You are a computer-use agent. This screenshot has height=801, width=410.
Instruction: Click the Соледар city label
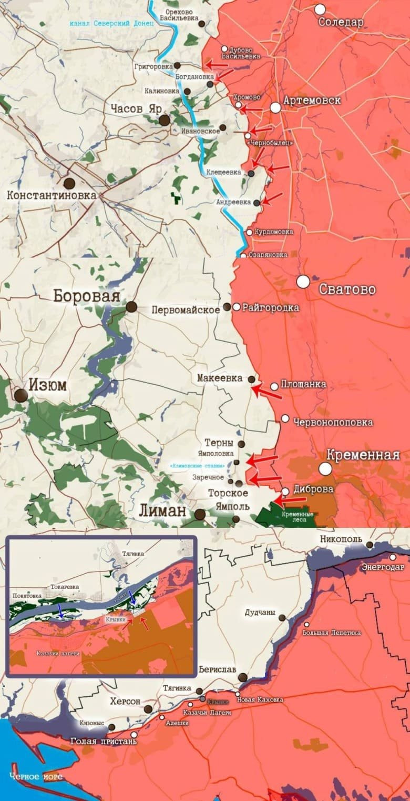(x=341, y=22)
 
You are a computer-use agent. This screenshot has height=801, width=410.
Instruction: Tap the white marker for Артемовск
(x=276, y=108)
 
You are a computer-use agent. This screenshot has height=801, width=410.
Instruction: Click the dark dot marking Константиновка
(x=69, y=184)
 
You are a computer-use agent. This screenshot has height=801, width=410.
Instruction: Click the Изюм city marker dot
(x=21, y=395)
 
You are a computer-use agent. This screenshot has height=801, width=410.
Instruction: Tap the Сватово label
(x=347, y=289)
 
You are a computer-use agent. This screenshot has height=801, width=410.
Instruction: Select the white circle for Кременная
(x=326, y=468)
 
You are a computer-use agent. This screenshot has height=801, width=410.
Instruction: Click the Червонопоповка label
(x=333, y=422)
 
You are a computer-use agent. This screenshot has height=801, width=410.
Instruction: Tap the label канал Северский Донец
(x=112, y=24)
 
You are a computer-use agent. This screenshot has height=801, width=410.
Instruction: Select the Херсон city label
(x=125, y=702)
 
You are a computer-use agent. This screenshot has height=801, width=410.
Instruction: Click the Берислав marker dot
(x=243, y=677)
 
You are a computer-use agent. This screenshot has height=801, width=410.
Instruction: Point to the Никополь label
(x=341, y=539)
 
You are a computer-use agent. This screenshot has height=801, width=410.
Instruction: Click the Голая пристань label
(x=104, y=741)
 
